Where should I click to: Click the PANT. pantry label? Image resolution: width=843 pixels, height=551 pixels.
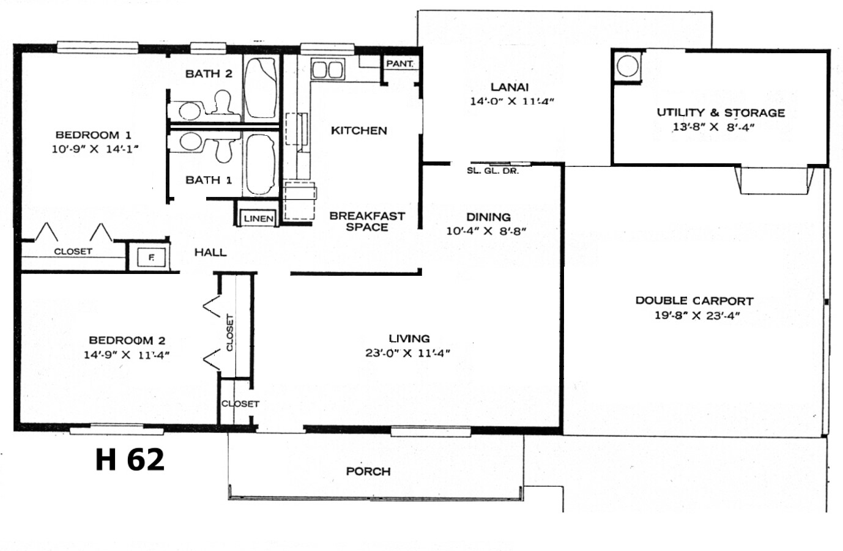[x=399, y=64]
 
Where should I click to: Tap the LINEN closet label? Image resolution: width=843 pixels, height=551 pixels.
[x=259, y=218]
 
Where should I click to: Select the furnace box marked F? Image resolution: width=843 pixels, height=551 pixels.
[x=151, y=257]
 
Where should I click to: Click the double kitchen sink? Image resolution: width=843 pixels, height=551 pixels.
[x=327, y=69]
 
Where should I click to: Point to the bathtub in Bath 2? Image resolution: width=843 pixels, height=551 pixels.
[x=261, y=88]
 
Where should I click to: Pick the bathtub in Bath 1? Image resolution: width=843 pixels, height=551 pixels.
[x=261, y=165]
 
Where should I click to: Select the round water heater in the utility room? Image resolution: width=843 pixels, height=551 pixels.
[x=628, y=66]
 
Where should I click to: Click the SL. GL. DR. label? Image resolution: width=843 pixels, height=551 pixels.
[x=492, y=171]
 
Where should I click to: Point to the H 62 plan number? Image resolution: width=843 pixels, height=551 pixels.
[x=130, y=459]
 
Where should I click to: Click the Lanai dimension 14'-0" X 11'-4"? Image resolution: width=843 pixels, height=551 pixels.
[x=512, y=101]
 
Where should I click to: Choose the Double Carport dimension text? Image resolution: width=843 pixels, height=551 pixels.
[x=697, y=315]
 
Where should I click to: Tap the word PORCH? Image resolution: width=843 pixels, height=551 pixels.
[x=368, y=471]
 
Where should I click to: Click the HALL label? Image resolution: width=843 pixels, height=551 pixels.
[x=210, y=253]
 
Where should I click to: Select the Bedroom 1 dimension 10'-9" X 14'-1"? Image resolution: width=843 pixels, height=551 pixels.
[x=95, y=149]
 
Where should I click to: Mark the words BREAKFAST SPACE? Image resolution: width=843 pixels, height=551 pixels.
[x=367, y=221]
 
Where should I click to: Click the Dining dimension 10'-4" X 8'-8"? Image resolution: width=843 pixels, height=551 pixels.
[x=486, y=231]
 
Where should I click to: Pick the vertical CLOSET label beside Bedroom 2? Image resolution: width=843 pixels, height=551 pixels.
[x=229, y=333]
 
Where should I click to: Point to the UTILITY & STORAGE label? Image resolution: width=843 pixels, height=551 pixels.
[x=721, y=113]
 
